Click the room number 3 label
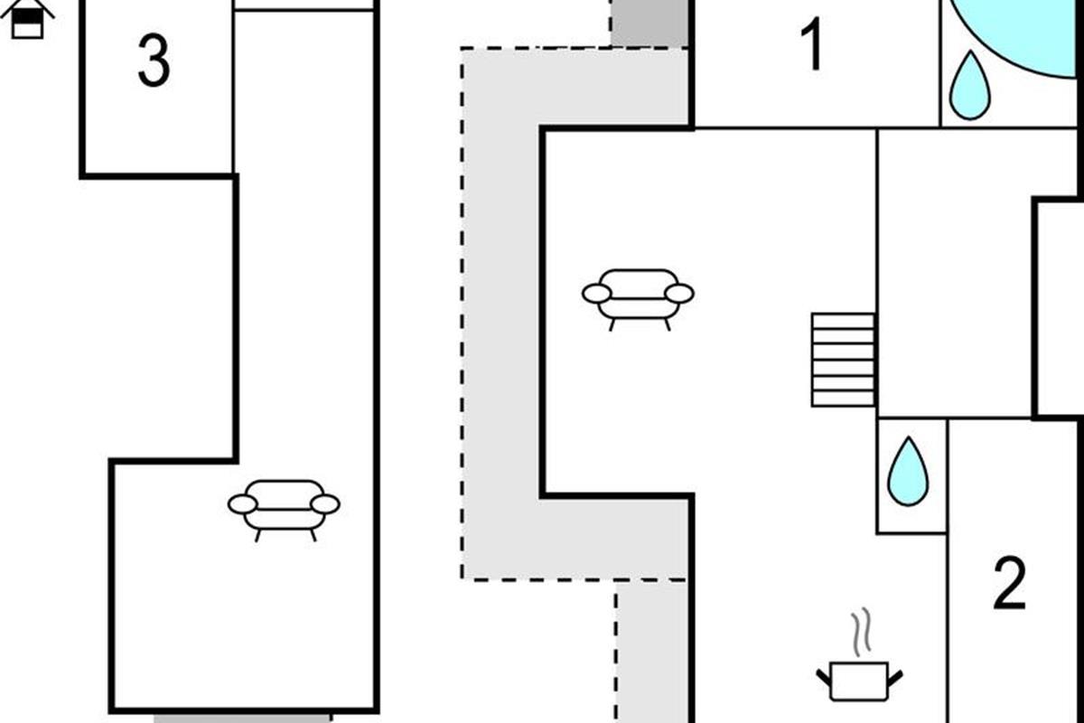(x=154, y=61)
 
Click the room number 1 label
(x=813, y=45)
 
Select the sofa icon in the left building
(x=284, y=507)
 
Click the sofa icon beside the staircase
(x=638, y=296)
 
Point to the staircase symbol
(x=843, y=359)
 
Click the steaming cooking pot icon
(x=858, y=679)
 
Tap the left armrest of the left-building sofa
(x=242, y=504)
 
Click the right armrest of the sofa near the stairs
(x=679, y=293)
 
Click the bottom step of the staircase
(x=843, y=399)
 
